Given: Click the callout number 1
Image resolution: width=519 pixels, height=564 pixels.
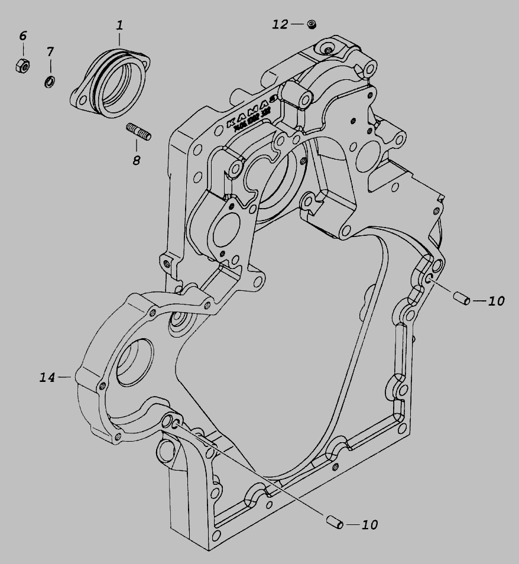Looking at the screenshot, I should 119,25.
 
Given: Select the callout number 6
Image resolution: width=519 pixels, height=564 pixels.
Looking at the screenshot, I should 23,35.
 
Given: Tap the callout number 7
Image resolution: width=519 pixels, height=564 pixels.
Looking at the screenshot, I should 50,52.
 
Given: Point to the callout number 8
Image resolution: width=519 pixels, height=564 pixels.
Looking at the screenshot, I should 137,160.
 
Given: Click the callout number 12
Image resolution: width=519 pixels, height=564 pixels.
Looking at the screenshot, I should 280,24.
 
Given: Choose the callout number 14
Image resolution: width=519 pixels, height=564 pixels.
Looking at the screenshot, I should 47,377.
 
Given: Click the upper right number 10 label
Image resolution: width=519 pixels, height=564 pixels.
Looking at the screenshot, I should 497,301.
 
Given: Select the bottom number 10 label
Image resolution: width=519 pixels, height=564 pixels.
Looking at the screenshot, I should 369,524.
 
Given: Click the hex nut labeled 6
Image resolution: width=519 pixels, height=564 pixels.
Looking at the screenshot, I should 22,65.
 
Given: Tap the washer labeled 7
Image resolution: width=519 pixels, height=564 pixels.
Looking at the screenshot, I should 50,81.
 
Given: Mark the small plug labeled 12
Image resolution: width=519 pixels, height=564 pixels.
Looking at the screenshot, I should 312,24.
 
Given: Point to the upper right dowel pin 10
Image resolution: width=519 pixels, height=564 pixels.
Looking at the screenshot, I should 461,299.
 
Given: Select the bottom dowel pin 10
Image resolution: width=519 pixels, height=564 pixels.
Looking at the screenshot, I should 334,522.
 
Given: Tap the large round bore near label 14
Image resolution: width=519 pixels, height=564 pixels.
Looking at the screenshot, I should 135,364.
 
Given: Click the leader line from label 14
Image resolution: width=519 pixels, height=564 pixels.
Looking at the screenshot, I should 65,377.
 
